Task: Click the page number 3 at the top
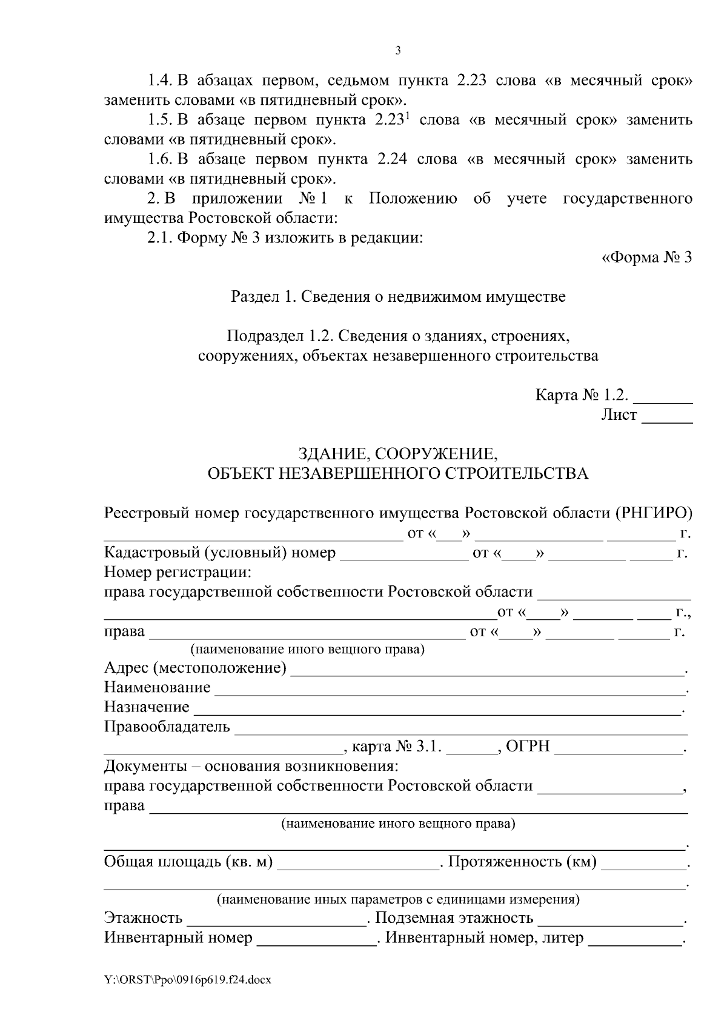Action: click(x=397, y=51)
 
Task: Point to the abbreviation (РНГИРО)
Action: click(x=654, y=513)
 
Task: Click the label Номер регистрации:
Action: click(x=178, y=571)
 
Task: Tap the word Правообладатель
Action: click(x=167, y=727)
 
